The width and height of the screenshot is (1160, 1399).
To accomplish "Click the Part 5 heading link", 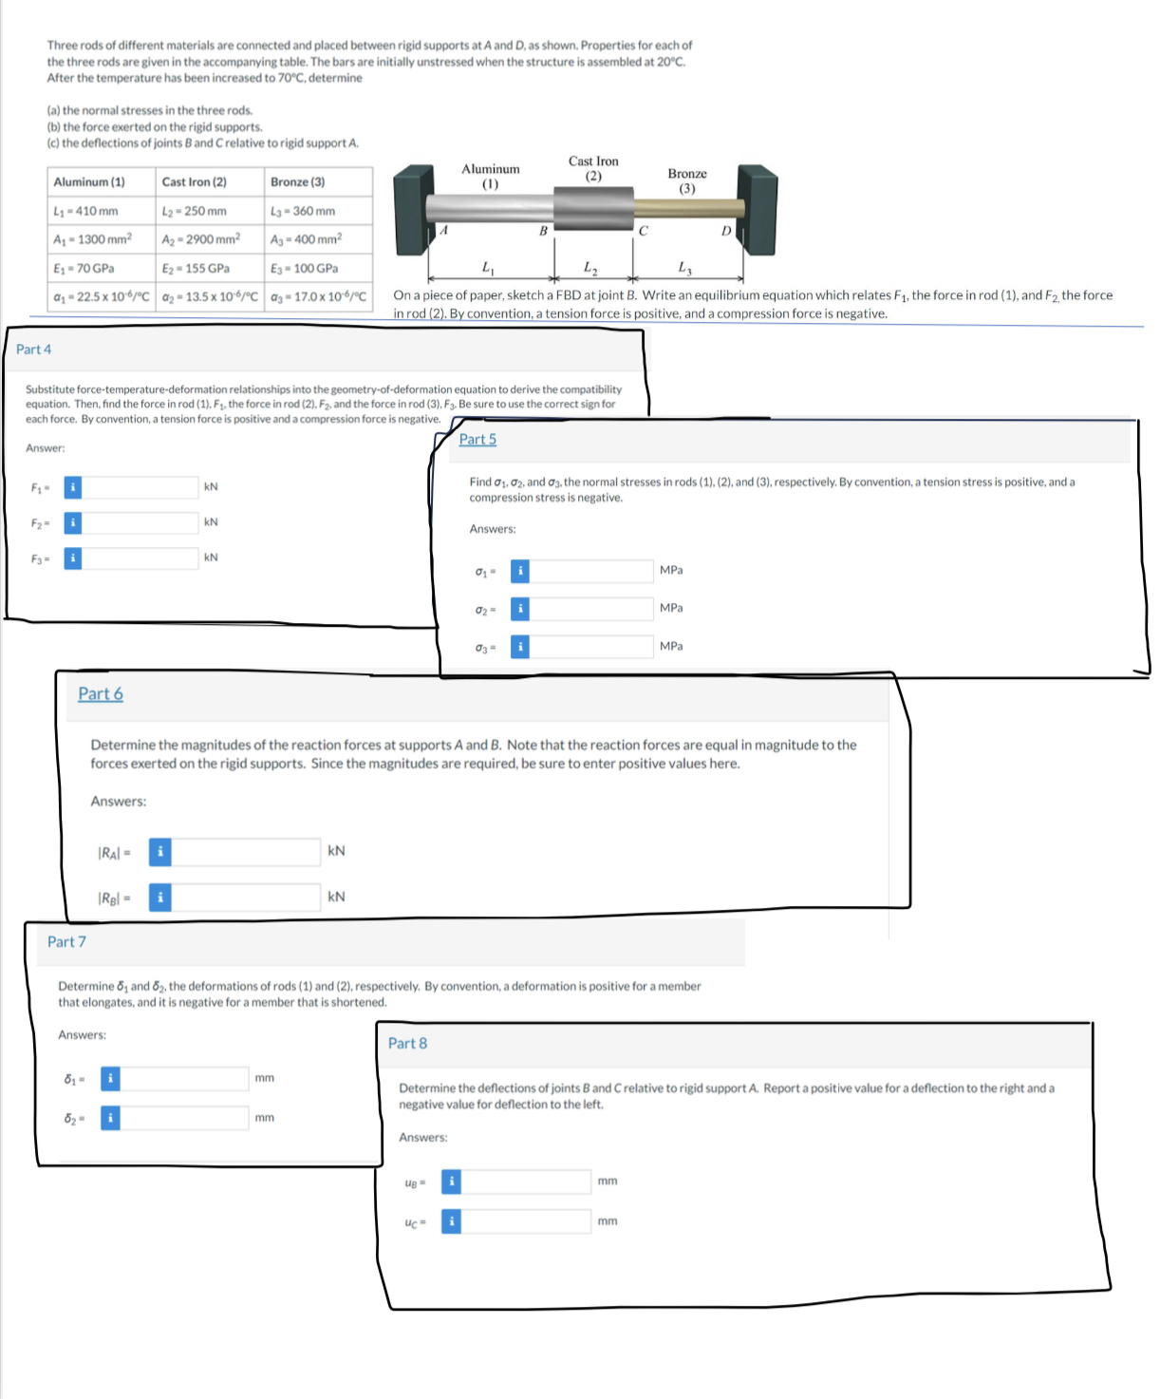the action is coord(477,439).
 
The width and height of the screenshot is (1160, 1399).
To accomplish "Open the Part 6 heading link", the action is coord(101,693).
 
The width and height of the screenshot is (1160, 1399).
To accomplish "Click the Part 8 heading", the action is coord(407,1043).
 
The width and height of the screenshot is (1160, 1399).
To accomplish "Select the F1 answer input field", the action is coord(140,487).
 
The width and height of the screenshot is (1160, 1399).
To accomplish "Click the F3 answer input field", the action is coord(140,558).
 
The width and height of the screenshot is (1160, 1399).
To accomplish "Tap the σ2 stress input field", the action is coord(590,609).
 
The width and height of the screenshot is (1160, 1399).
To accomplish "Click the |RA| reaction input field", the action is coord(245,852).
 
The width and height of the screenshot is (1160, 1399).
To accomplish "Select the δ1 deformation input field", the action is coord(184,1079).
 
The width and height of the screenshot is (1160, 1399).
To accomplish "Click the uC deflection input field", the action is coord(526,1221).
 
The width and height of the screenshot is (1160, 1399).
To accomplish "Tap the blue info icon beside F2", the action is coord(73,522).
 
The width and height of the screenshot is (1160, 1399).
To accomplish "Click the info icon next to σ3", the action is coord(520,647).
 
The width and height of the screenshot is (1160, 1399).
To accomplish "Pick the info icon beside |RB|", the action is coord(159,898).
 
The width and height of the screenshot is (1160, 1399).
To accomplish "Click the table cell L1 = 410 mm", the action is coord(102,211).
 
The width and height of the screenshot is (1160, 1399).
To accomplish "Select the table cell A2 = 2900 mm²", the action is coord(210,239).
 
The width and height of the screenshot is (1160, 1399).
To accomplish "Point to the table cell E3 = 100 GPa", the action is coord(318,268).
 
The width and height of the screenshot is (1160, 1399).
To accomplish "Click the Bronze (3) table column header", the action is coord(318,182).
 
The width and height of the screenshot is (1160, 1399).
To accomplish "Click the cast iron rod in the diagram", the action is coord(593,208).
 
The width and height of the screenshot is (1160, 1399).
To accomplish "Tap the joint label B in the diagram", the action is coord(543,231).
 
